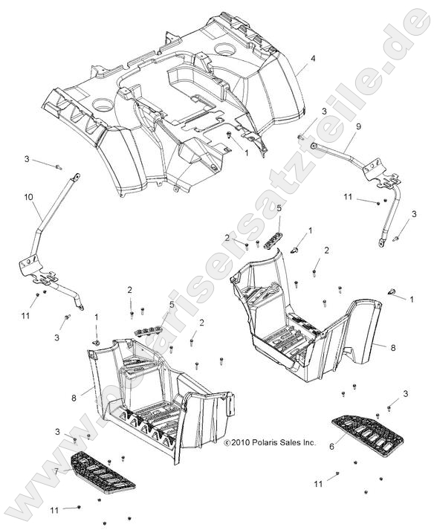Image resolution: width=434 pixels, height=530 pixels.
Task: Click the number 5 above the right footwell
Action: (279, 210)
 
